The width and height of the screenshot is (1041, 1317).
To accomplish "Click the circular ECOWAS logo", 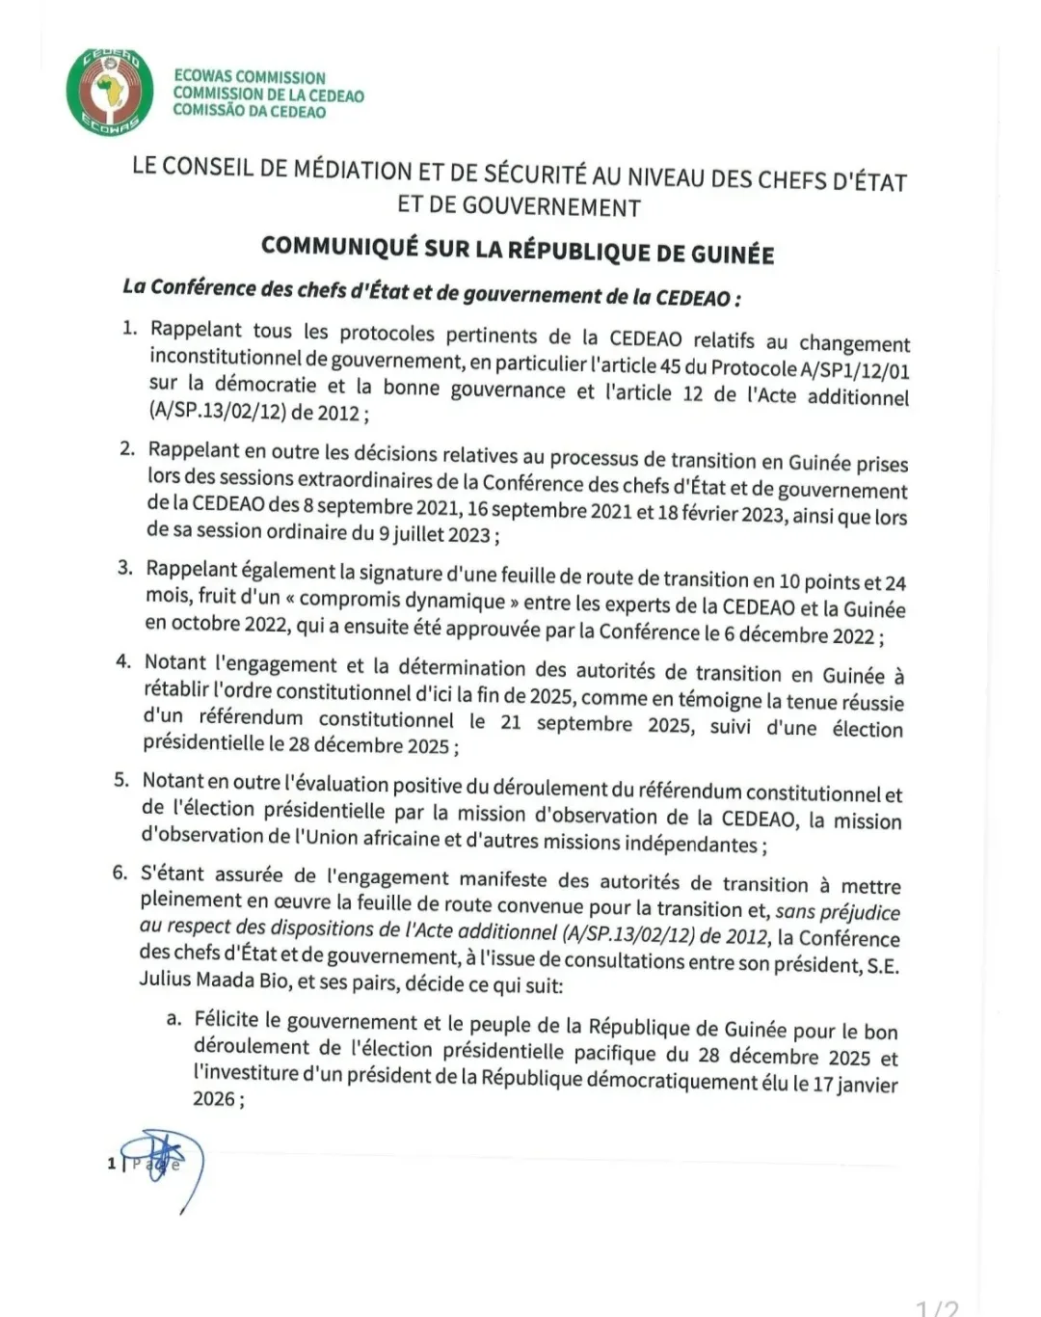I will click(x=110, y=93).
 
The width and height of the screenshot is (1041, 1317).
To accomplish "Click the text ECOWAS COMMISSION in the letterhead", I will click(x=250, y=77).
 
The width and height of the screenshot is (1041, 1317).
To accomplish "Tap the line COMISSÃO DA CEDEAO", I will click(x=249, y=112).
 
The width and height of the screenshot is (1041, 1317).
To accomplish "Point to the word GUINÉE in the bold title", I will click(x=733, y=255).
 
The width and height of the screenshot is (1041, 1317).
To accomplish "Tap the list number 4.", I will click(x=122, y=661).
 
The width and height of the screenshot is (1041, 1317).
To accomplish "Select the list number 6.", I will click(x=120, y=873).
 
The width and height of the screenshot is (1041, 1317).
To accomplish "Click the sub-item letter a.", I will click(x=173, y=1018).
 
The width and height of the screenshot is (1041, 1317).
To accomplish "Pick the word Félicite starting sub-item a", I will click(x=231, y=1020).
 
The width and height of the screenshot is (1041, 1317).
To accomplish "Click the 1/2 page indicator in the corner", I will click(x=937, y=1307).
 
